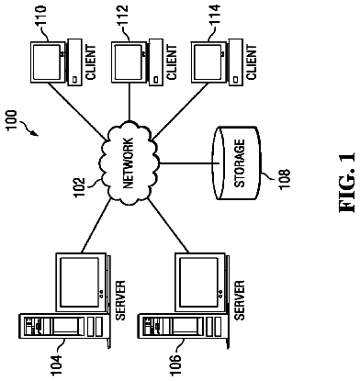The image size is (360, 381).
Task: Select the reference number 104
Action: pyautogui.click(x=56, y=364)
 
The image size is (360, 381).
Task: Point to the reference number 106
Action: pyautogui.click(x=175, y=364)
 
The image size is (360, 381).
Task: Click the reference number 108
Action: pyautogui.click(x=285, y=179)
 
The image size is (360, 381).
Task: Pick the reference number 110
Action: pyautogui.click(x=41, y=15)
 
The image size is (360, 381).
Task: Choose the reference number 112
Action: pyautogui.click(x=122, y=15)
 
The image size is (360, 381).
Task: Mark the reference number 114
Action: pyautogui.click(x=214, y=15)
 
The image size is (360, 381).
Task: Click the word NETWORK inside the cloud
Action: pyautogui.click(x=129, y=162)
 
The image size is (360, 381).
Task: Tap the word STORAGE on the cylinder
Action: pyautogui.click(x=240, y=162)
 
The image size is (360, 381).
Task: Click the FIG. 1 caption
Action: pyautogui.click(x=347, y=183)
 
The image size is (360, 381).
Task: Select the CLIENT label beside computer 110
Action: pyautogui.click(x=91, y=62)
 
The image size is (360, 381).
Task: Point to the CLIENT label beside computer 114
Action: pyautogui.click(x=251, y=62)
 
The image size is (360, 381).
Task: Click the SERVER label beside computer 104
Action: pyautogui.click(x=120, y=300)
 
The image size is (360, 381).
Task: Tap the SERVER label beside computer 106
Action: pyautogui.click(x=239, y=300)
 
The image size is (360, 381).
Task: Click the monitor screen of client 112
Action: pyautogui.click(x=128, y=62)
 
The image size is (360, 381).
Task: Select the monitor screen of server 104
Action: pyautogui.click(x=80, y=282)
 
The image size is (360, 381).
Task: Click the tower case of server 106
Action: pyautogui.click(x=182, y=326)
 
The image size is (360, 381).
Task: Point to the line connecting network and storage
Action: pyautogui.click(x=189, y=163)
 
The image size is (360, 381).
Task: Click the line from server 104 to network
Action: pyautogui.click(x=96, y=226)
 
